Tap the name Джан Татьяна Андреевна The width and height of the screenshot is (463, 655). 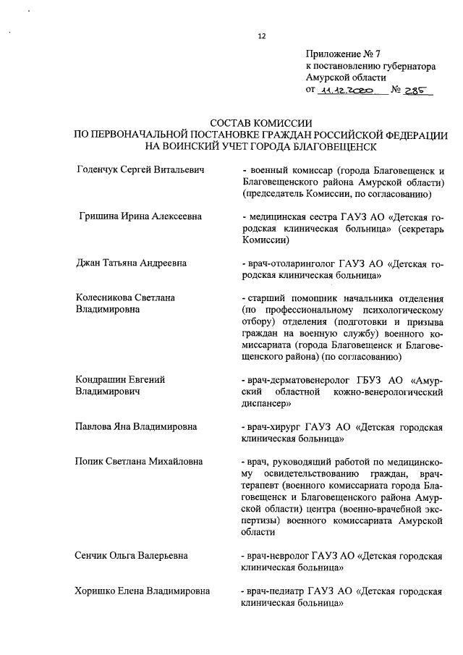point(131,263)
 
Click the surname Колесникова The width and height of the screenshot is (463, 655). point(106,297)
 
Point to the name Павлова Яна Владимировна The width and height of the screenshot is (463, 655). point(136,426)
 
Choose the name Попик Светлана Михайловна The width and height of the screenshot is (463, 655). point(139,461)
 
